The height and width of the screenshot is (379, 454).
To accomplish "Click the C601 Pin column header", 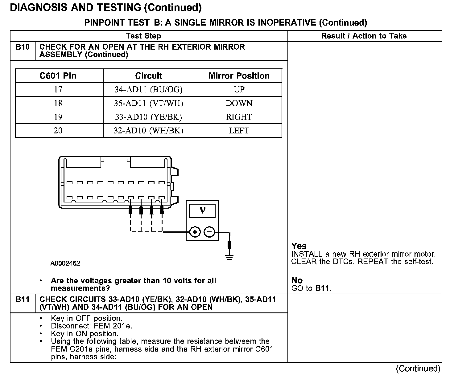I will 58,76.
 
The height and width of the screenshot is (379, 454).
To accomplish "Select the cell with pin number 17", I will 58,90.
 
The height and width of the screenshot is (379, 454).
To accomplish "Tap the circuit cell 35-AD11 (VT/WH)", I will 148,103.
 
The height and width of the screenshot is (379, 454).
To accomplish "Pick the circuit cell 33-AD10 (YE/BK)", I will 148,117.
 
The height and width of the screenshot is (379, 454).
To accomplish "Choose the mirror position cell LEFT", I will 239,131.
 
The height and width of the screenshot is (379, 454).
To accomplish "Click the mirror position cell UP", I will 239,90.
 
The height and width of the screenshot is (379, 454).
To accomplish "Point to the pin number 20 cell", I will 58,131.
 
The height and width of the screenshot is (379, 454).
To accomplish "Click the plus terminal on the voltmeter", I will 195,232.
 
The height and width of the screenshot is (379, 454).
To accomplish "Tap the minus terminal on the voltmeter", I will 210,232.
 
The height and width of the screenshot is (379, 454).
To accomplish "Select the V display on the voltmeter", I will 202,211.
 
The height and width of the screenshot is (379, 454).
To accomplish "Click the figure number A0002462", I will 65,263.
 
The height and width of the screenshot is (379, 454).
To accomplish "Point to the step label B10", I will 23,47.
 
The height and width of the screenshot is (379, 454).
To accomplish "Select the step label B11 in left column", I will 23,300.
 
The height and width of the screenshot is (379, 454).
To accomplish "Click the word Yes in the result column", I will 299,246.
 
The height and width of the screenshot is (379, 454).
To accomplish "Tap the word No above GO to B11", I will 297,280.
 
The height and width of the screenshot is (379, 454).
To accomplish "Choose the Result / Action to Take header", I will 364,36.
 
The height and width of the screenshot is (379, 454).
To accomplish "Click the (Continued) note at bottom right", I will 418,369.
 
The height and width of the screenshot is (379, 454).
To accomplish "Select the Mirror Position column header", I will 239,76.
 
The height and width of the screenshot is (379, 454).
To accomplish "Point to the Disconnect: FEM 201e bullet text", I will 91,326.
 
